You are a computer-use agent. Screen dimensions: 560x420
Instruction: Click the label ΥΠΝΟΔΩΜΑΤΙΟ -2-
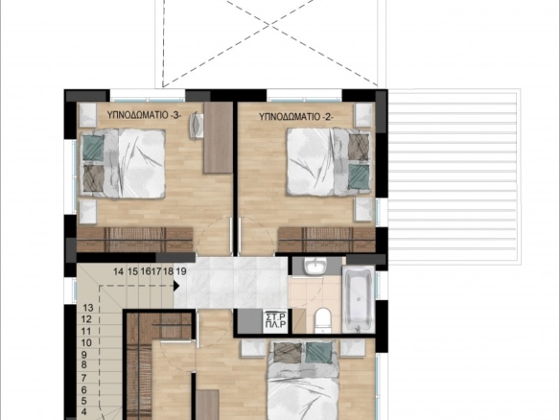[x=296, y=116]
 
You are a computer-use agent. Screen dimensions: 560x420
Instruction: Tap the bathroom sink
[x=315, y=267]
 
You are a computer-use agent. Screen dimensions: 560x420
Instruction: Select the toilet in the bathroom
[x=323, y=320]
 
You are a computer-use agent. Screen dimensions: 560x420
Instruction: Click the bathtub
[x=359, y=298]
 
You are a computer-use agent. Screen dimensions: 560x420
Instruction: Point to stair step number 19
[x=181, y=271]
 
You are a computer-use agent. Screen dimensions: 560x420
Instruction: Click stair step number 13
[x=88, y=308]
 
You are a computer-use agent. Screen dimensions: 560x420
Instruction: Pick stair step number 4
[x=84, y=411]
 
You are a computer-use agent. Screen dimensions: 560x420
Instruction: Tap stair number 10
[x=86, y=343]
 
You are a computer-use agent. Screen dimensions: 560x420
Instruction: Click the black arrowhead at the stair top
[x=176, y=286]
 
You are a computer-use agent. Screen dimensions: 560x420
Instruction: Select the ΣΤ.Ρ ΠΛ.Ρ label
[x=276, y=320]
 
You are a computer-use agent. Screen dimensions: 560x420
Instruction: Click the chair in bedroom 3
[x=196, y=126]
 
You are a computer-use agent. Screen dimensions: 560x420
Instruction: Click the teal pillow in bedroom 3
[x=94, y=147]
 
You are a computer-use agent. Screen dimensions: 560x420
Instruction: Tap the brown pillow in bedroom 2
[x=359, y=147]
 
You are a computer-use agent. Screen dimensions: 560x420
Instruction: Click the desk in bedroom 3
[x=219, y=137]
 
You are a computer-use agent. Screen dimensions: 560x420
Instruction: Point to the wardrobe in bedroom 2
[x=327, y=240]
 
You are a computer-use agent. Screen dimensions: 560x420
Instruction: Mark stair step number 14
[x=118, y=271]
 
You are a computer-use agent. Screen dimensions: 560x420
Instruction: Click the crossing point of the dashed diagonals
[x=270, y=24]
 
